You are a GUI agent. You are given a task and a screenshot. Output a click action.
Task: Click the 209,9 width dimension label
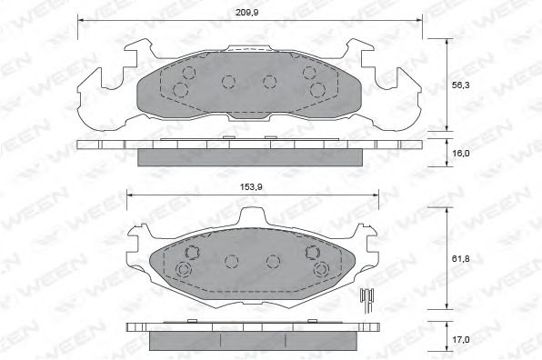[248, 12]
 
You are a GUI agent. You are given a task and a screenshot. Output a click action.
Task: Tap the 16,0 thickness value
[462, 153]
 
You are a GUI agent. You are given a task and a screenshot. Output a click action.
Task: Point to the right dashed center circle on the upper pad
[269, 82]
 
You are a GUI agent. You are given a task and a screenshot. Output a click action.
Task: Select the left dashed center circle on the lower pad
[230, 262]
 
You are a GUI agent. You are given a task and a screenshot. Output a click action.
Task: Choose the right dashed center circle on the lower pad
[272, 262]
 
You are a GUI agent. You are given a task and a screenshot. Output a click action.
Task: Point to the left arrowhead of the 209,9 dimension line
[79, 20]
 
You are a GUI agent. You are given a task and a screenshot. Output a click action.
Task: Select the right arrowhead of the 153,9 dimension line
[376, 194]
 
